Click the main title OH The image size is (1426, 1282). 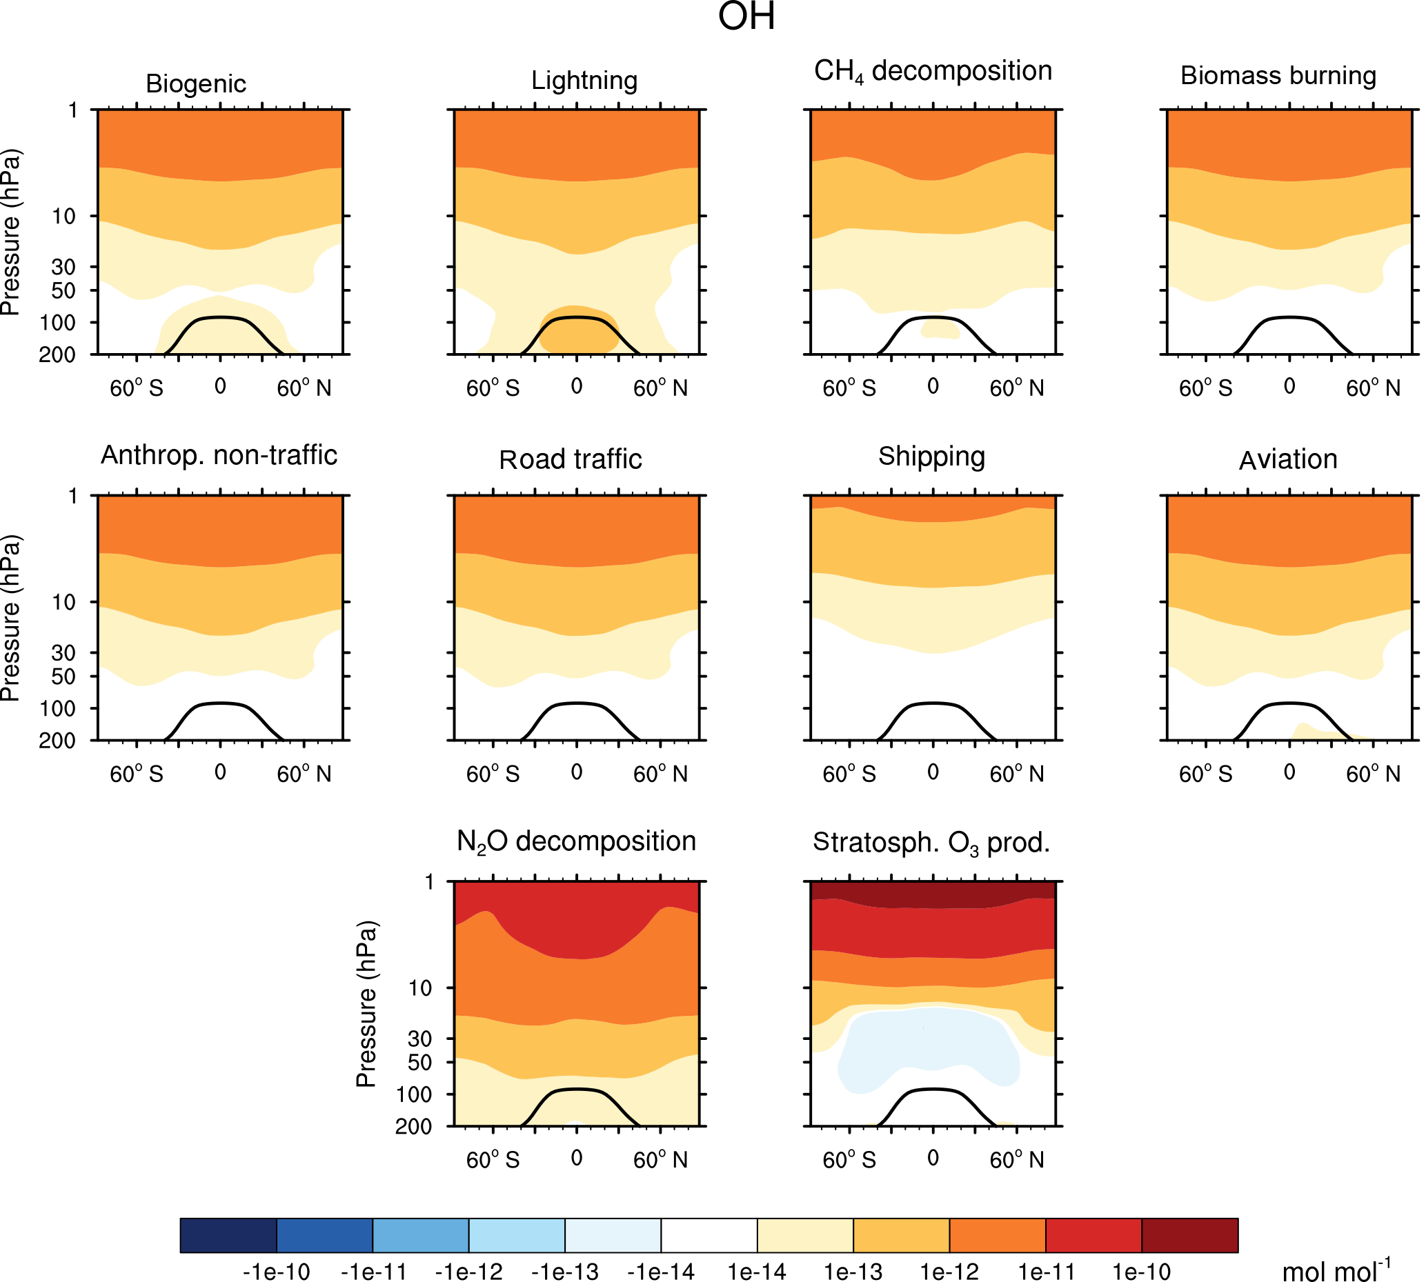point(746,17)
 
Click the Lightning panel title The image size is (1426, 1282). point(584,81)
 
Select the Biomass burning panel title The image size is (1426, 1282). point(1278,76)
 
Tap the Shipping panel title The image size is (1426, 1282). point(931,457)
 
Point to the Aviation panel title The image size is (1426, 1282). point(1288,460)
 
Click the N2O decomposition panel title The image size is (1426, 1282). point(576,842)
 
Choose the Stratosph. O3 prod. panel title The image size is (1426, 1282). point(931,843)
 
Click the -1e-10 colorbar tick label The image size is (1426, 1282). point(276,1272)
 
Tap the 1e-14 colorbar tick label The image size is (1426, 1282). point(757,1272)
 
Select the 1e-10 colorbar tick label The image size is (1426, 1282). point(1141,1272)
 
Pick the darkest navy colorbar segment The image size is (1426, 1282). point(228,1236)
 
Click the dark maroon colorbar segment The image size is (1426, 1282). point(1189,1236)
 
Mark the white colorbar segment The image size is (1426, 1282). point(709,1236)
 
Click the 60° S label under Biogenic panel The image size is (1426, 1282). point(136,388)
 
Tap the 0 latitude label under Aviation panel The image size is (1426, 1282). point(1289,772)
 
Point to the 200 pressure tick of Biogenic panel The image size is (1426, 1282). point(57,354)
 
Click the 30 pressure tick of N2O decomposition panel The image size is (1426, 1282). point(420,1039)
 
